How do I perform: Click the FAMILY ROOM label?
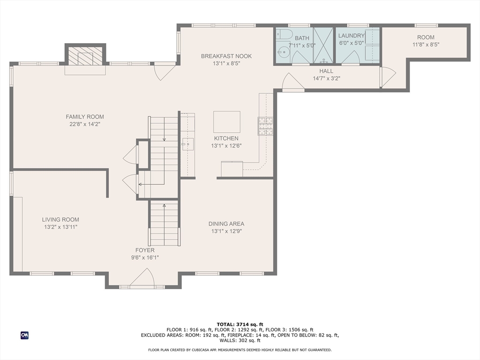pyautogui.click(x=85, y=117)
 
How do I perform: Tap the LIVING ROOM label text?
pyautogui.click(x=60, y=219)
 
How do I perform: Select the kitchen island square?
pyautogui.click(x=226, y=122)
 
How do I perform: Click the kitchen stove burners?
pyautogui.click(x=265, y=126)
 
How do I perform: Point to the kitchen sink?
pyautogui.click(x=187, y=144)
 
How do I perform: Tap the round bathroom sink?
pyautogui.click(x=284, y=52)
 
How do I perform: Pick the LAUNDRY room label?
pyautogui.click(x=352, y=36)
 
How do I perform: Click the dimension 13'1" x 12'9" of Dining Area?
pyautogui.click(x=226, y=231)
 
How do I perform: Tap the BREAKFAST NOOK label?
pyautogui.click(x=226, y=56)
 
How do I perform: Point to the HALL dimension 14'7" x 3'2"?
pyautogui.click(x=326, y=78)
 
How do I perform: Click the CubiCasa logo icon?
pyautogui.click(x=24, y=335)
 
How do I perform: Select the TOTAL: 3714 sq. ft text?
pyautogui.click(x=240, y=324)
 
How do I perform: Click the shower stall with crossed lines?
pyautogui.click(x=323, y=45)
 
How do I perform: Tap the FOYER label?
pyautogui.click(x=145, y=250)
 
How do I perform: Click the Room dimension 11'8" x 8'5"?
pyautogui.click(x=426, y=45)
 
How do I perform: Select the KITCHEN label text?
pyautogui.click(x=226, y=138)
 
